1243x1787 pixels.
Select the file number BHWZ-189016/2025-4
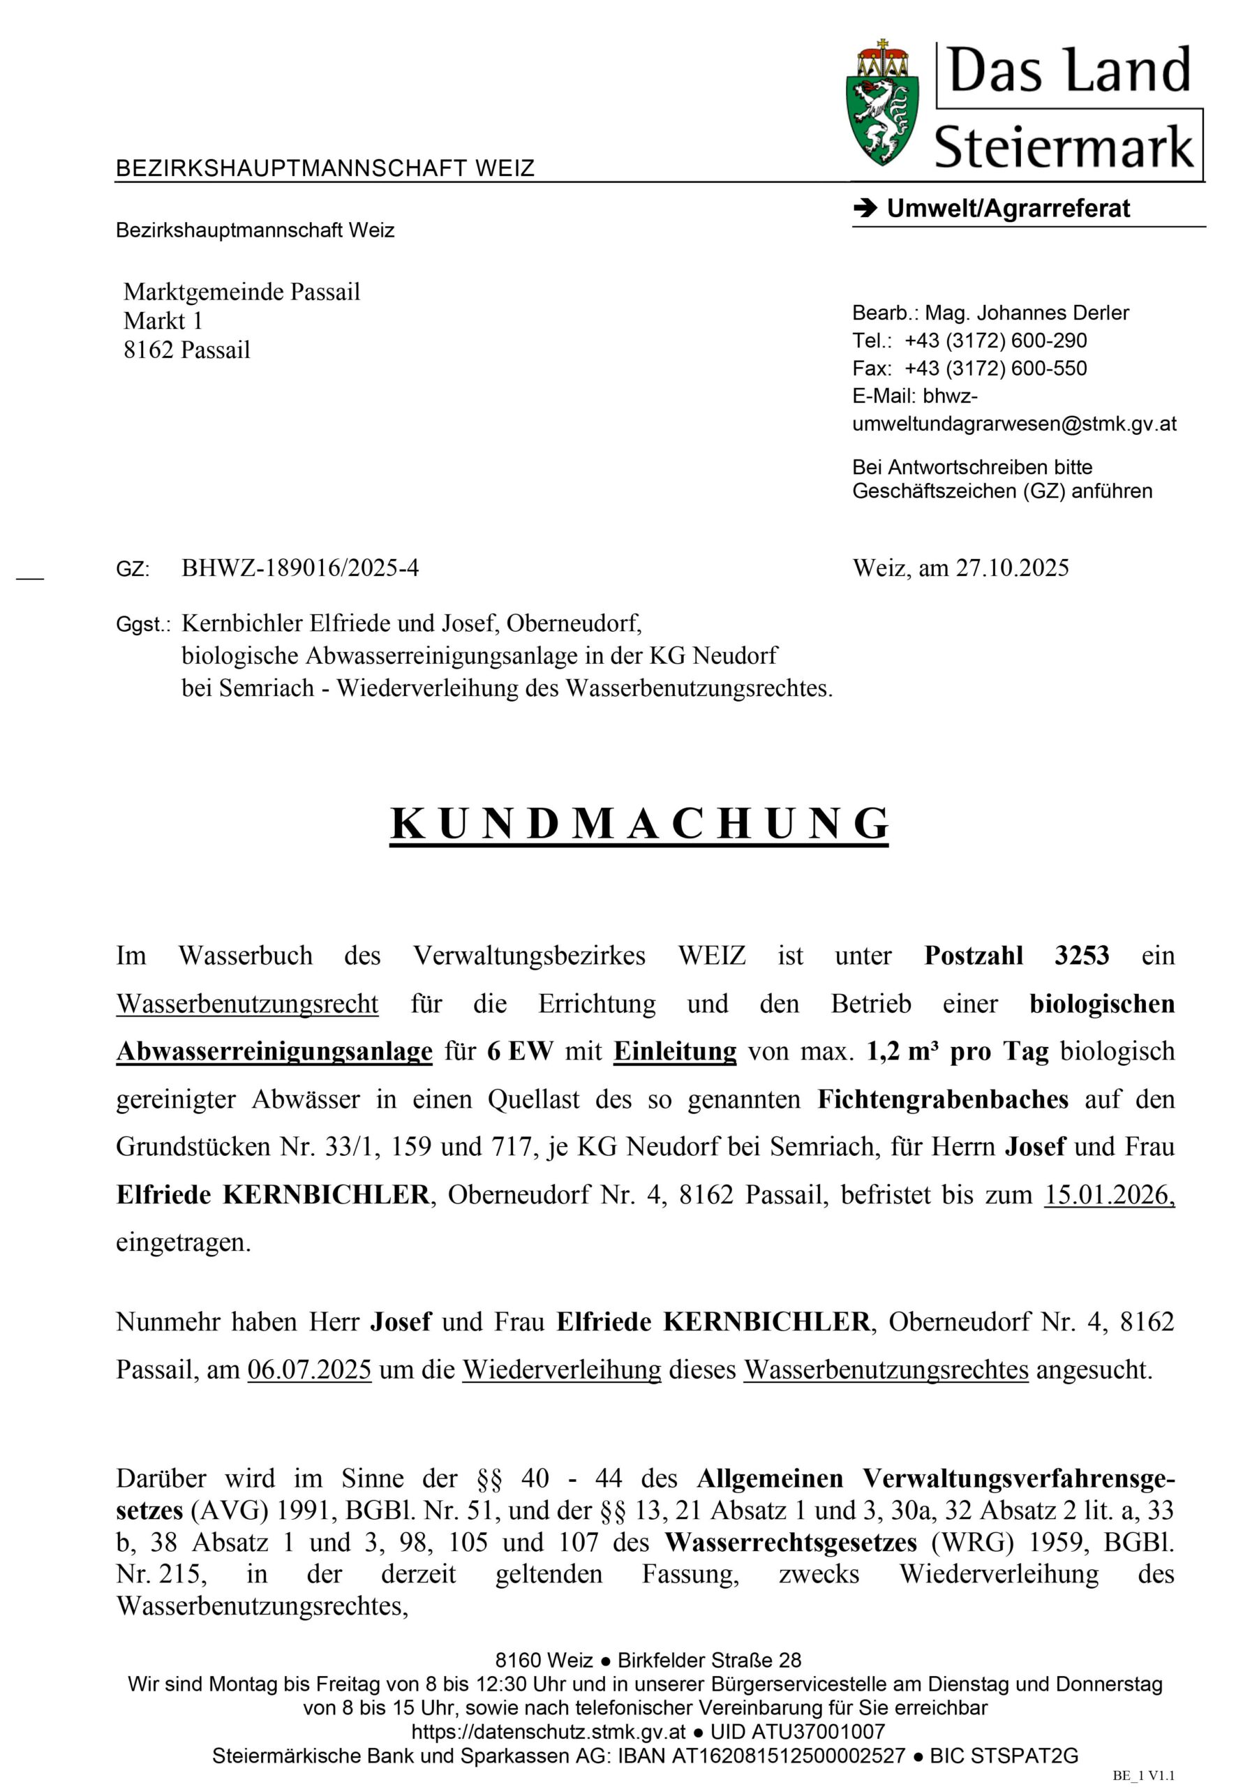[299, 568]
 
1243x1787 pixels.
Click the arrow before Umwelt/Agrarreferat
[864, 209]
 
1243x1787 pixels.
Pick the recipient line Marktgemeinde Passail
[241, 292]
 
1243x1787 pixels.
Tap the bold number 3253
[1081, 956]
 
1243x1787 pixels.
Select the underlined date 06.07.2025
[309, 1370]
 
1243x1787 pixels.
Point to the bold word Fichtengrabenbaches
[941, 1099]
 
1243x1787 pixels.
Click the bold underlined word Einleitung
[674, 1051]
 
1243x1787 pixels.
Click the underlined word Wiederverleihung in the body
[561, 1370]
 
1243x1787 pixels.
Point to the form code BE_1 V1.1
[1142, 1774]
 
